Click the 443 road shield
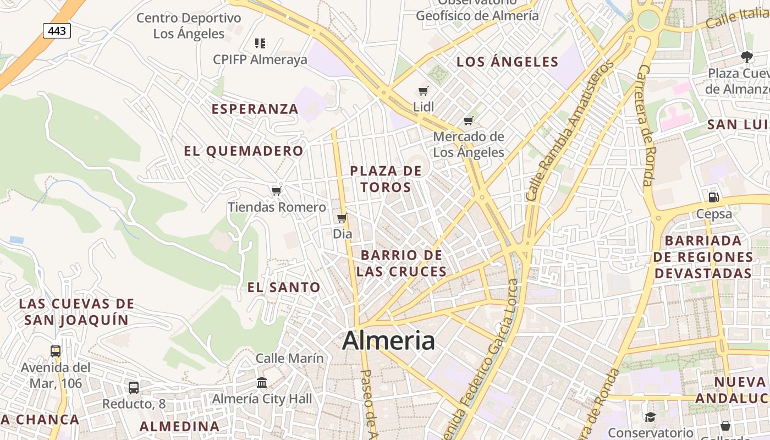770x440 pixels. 57,31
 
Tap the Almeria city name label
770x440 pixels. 388,340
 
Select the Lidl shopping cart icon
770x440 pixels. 423,91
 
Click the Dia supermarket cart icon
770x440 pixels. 342,218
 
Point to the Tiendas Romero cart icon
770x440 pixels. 277,191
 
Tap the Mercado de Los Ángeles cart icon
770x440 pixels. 469,121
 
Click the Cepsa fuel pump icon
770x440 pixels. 714,197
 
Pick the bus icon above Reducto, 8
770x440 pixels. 134,388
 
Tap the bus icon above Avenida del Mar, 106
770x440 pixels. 56,351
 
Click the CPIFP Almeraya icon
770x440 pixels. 260,43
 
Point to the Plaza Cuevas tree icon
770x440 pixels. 746,56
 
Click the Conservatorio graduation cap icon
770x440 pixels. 650,417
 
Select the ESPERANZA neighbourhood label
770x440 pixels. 255,109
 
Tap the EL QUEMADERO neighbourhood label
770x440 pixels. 244,151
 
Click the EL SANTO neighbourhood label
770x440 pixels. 284,287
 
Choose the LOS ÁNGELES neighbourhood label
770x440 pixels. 507,62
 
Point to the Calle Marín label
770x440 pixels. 290,359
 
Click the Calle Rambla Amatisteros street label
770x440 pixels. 569,132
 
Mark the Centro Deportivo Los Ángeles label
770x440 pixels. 189,26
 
